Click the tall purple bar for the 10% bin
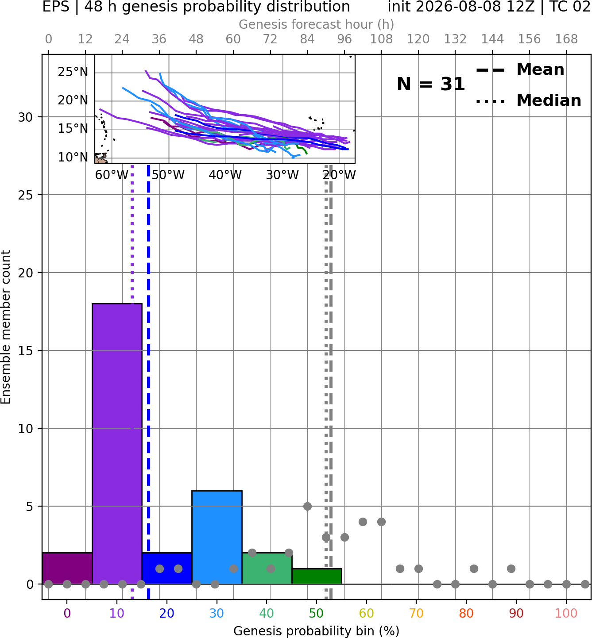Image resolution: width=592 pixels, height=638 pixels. point(117,443)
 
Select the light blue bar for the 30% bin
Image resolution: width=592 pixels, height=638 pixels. point(217,537)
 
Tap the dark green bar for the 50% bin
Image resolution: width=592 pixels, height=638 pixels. point(317,576)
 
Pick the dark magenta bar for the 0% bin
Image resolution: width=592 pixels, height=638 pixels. point(67,568)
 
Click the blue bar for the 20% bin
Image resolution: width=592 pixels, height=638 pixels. point(167,568)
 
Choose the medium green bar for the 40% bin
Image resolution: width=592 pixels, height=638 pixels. point(267,568)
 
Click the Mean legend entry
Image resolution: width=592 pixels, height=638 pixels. point(520,70)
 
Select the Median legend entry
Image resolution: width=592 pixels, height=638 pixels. point(529,100)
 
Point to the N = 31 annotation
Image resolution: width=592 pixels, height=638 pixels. point(430,84)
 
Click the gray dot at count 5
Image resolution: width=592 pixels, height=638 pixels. point(307,506)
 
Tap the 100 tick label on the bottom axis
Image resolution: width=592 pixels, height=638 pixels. point(566,613)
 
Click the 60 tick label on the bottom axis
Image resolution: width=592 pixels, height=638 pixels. point(366,613)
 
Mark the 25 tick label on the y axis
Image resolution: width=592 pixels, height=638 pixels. point(25,195)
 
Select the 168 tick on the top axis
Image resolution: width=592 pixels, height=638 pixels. point(566,39)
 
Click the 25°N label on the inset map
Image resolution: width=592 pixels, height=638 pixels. point(73,72)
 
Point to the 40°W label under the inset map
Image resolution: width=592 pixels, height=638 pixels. point(225,175)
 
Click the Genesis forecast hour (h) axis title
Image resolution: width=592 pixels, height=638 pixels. point(317,24)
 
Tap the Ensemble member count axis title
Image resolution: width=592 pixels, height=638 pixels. point(5,327)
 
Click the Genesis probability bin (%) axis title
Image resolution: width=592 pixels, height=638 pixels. point(317,631)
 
